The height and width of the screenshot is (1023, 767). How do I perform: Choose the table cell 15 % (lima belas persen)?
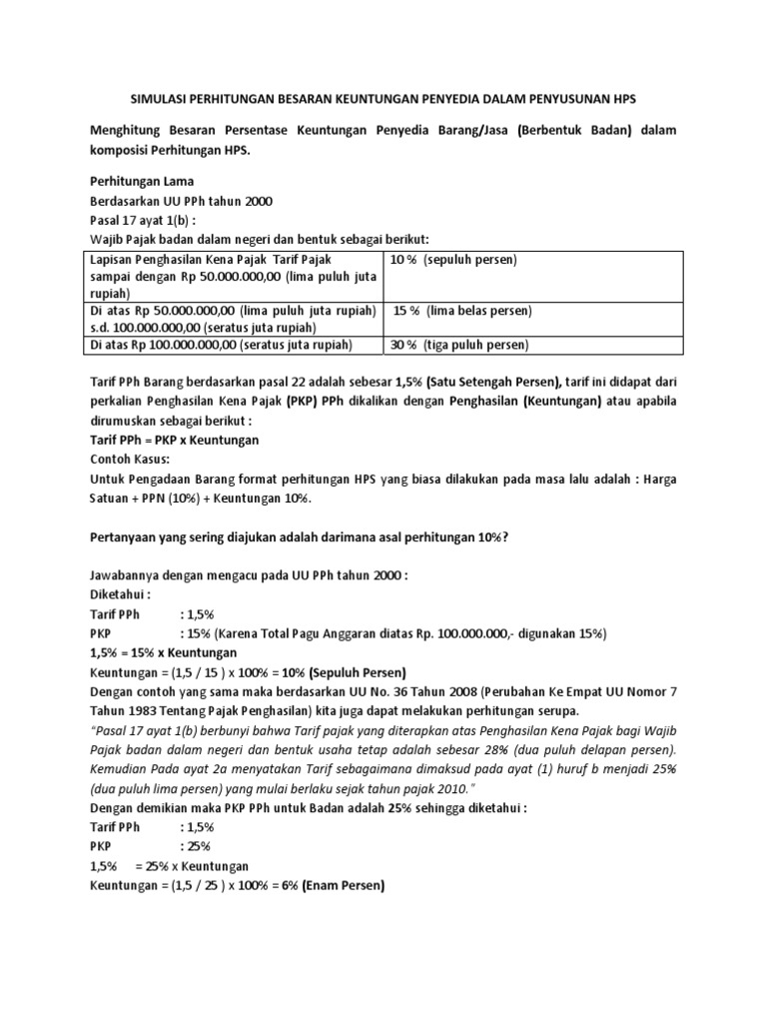tap(462, 311)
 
